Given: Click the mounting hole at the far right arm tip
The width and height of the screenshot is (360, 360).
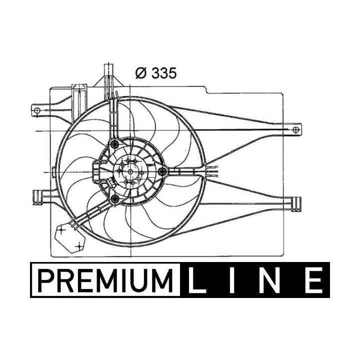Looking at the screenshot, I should pos(296,129).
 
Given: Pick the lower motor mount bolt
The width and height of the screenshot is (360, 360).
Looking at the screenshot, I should pos(116,200).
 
